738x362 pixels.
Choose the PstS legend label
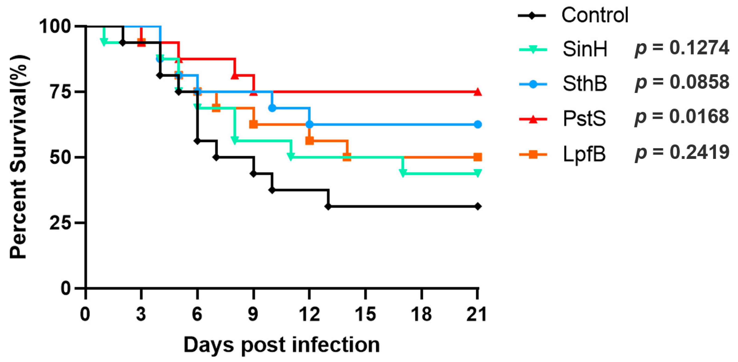point(584,118)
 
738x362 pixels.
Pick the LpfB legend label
point(584,154)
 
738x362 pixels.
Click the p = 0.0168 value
point(682,117)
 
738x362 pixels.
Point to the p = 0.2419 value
point(682,152)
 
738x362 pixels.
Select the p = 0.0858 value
point(682,82)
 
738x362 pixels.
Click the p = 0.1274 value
point(682,48)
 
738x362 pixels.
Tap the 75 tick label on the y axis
point(60,92)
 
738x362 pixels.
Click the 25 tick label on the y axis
point(60,223)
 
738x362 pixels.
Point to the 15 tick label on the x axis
point(365,314)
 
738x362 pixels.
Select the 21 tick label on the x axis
point(477,314)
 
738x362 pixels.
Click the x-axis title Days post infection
point(282,345)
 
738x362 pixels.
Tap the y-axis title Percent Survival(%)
point(19,157)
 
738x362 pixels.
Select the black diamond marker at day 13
point(328,206)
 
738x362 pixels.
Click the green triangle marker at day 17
point(403,173)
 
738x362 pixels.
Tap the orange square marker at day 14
point(347,157)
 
